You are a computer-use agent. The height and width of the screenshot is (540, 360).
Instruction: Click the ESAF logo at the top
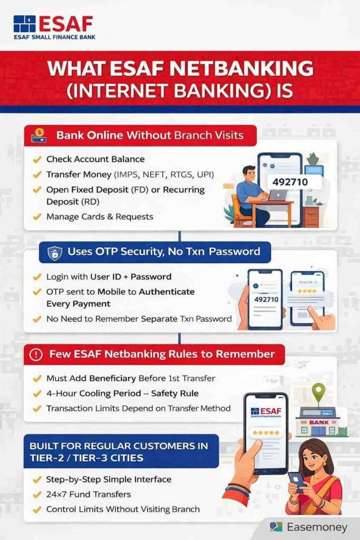(53, 26)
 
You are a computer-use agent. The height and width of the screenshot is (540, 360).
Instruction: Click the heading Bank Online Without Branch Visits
(150, 135)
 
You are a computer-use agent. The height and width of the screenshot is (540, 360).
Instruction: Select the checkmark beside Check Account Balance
(37, 159)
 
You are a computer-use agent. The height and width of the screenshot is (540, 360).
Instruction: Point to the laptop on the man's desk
(278, 196)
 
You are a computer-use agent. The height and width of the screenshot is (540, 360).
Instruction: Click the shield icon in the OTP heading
(54, 253)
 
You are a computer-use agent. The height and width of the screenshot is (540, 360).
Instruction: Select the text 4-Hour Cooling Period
(90, 393)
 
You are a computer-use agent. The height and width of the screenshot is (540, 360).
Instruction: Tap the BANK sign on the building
(318, 421)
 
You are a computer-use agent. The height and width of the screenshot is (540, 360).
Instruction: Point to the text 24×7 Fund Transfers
(89, 494)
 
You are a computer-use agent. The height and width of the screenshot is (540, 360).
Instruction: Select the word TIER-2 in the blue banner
(48, 458)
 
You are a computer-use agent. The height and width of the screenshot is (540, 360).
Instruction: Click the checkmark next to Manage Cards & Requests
(37, 217)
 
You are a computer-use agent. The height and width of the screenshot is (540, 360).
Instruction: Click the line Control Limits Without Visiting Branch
(123, 509)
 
